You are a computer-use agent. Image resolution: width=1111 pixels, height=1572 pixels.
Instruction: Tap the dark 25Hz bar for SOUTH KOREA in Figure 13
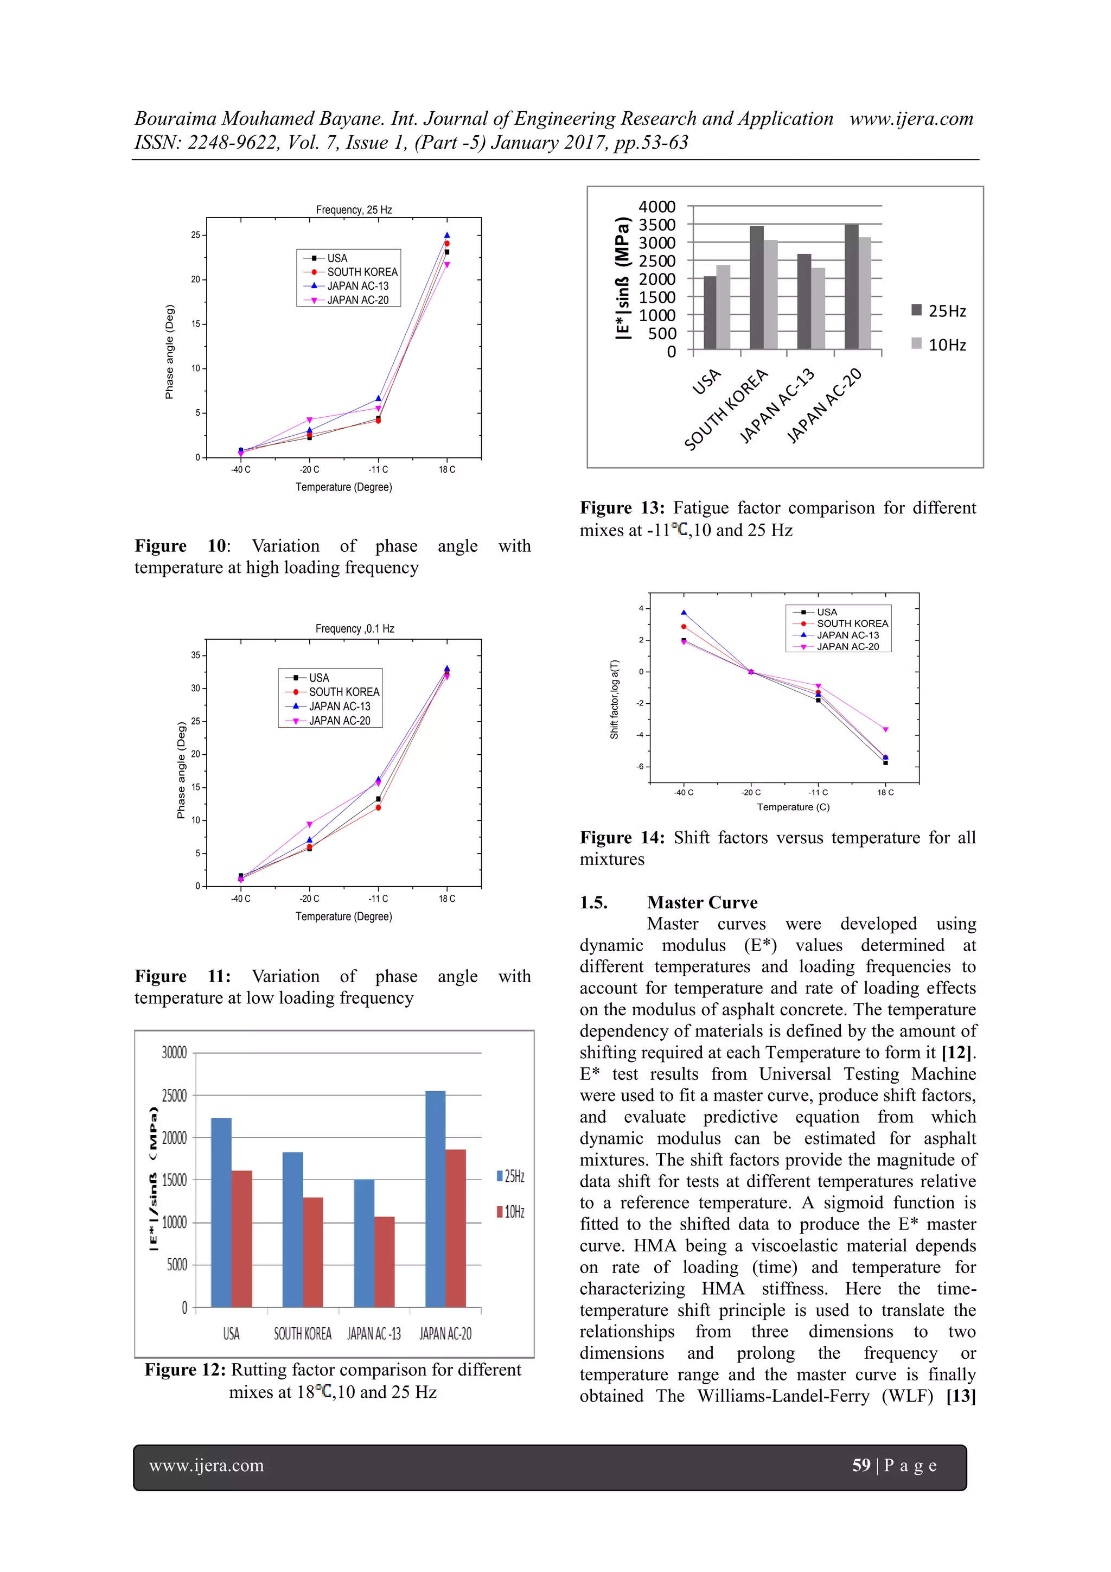[756, 288]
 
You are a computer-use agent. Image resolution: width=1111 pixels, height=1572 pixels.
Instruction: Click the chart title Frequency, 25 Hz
[354, 209]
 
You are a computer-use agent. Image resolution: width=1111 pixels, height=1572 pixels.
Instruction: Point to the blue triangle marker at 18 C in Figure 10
[447, 236]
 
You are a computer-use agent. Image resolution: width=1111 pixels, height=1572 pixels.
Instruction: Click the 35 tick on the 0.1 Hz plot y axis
[196, 655]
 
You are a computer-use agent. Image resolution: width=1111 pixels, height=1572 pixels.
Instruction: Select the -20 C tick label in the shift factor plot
[750, 792]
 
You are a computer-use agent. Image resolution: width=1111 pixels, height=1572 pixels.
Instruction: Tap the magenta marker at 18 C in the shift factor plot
[885, 730]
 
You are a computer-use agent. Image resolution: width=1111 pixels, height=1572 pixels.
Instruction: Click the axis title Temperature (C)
[793, 807]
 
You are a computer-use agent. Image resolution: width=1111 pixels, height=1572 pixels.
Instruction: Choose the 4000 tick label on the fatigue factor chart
[656, 207]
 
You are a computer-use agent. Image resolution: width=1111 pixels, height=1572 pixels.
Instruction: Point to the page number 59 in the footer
[860, 1465]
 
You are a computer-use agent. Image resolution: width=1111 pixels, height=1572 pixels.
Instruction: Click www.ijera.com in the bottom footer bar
[206, 1466]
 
